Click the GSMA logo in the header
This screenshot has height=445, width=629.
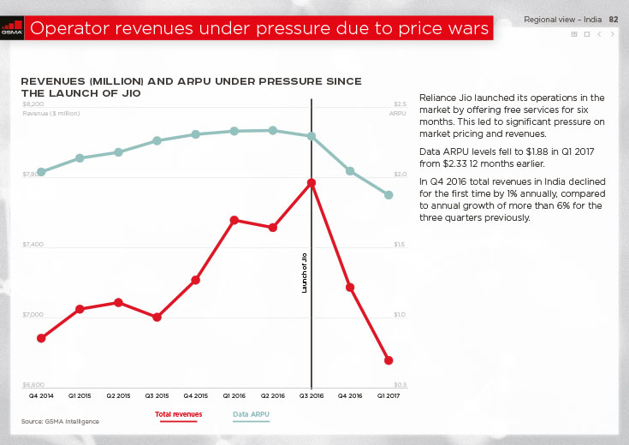click(11, 28)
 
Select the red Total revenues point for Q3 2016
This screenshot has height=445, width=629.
click(312, 182)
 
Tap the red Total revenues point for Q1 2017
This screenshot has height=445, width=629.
click(389, 360)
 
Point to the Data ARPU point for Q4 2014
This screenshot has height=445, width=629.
click(41, 171)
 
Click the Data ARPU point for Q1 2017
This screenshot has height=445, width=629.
click(389, 195)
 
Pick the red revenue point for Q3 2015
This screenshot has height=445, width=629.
click(157, 317)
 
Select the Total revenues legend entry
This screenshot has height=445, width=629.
click(178, 414)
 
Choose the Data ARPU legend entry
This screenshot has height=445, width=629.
click(252, 414)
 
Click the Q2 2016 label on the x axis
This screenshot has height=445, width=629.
click(272, 396)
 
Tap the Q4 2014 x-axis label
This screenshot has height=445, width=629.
click(41, 396)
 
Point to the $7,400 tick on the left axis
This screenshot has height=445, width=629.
click(33, 245)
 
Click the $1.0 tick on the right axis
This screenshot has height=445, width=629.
click(399, 315)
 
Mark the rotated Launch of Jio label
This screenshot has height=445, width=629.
click(305, 274)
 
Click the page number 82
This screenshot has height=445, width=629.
click(613, 19)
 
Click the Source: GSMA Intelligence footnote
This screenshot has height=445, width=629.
click(60, 421)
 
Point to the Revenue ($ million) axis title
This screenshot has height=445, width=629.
click(51, 113)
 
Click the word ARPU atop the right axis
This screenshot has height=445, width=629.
click(397, 113)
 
